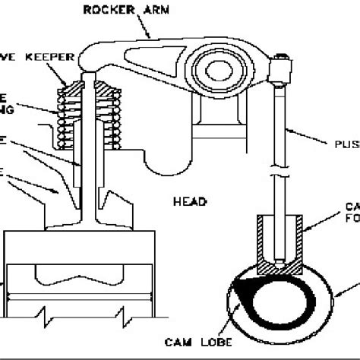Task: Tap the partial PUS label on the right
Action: pyautogui.click(x=345, y=141)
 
